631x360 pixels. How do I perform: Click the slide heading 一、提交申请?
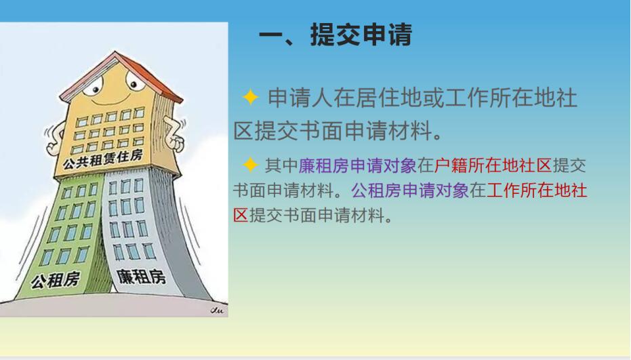pos(335,35)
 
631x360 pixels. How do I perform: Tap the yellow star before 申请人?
pos(250,98)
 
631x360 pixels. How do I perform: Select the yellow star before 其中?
pos(250,165)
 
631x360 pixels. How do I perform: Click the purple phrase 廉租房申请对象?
pos(357,165)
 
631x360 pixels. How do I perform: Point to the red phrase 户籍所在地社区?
pos(493,165)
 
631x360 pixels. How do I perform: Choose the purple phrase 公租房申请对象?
pos(410,191)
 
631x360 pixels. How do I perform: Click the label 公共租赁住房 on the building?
pos(102,159)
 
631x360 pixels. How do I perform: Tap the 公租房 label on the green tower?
pos(56,279)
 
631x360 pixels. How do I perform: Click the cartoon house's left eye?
pos(94,85)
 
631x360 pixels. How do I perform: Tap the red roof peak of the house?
pos(115,52)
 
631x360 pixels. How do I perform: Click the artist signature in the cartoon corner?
pos(217,310)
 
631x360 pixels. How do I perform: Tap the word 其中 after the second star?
pos(281,165)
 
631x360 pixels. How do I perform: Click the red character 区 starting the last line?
pos(241,216)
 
